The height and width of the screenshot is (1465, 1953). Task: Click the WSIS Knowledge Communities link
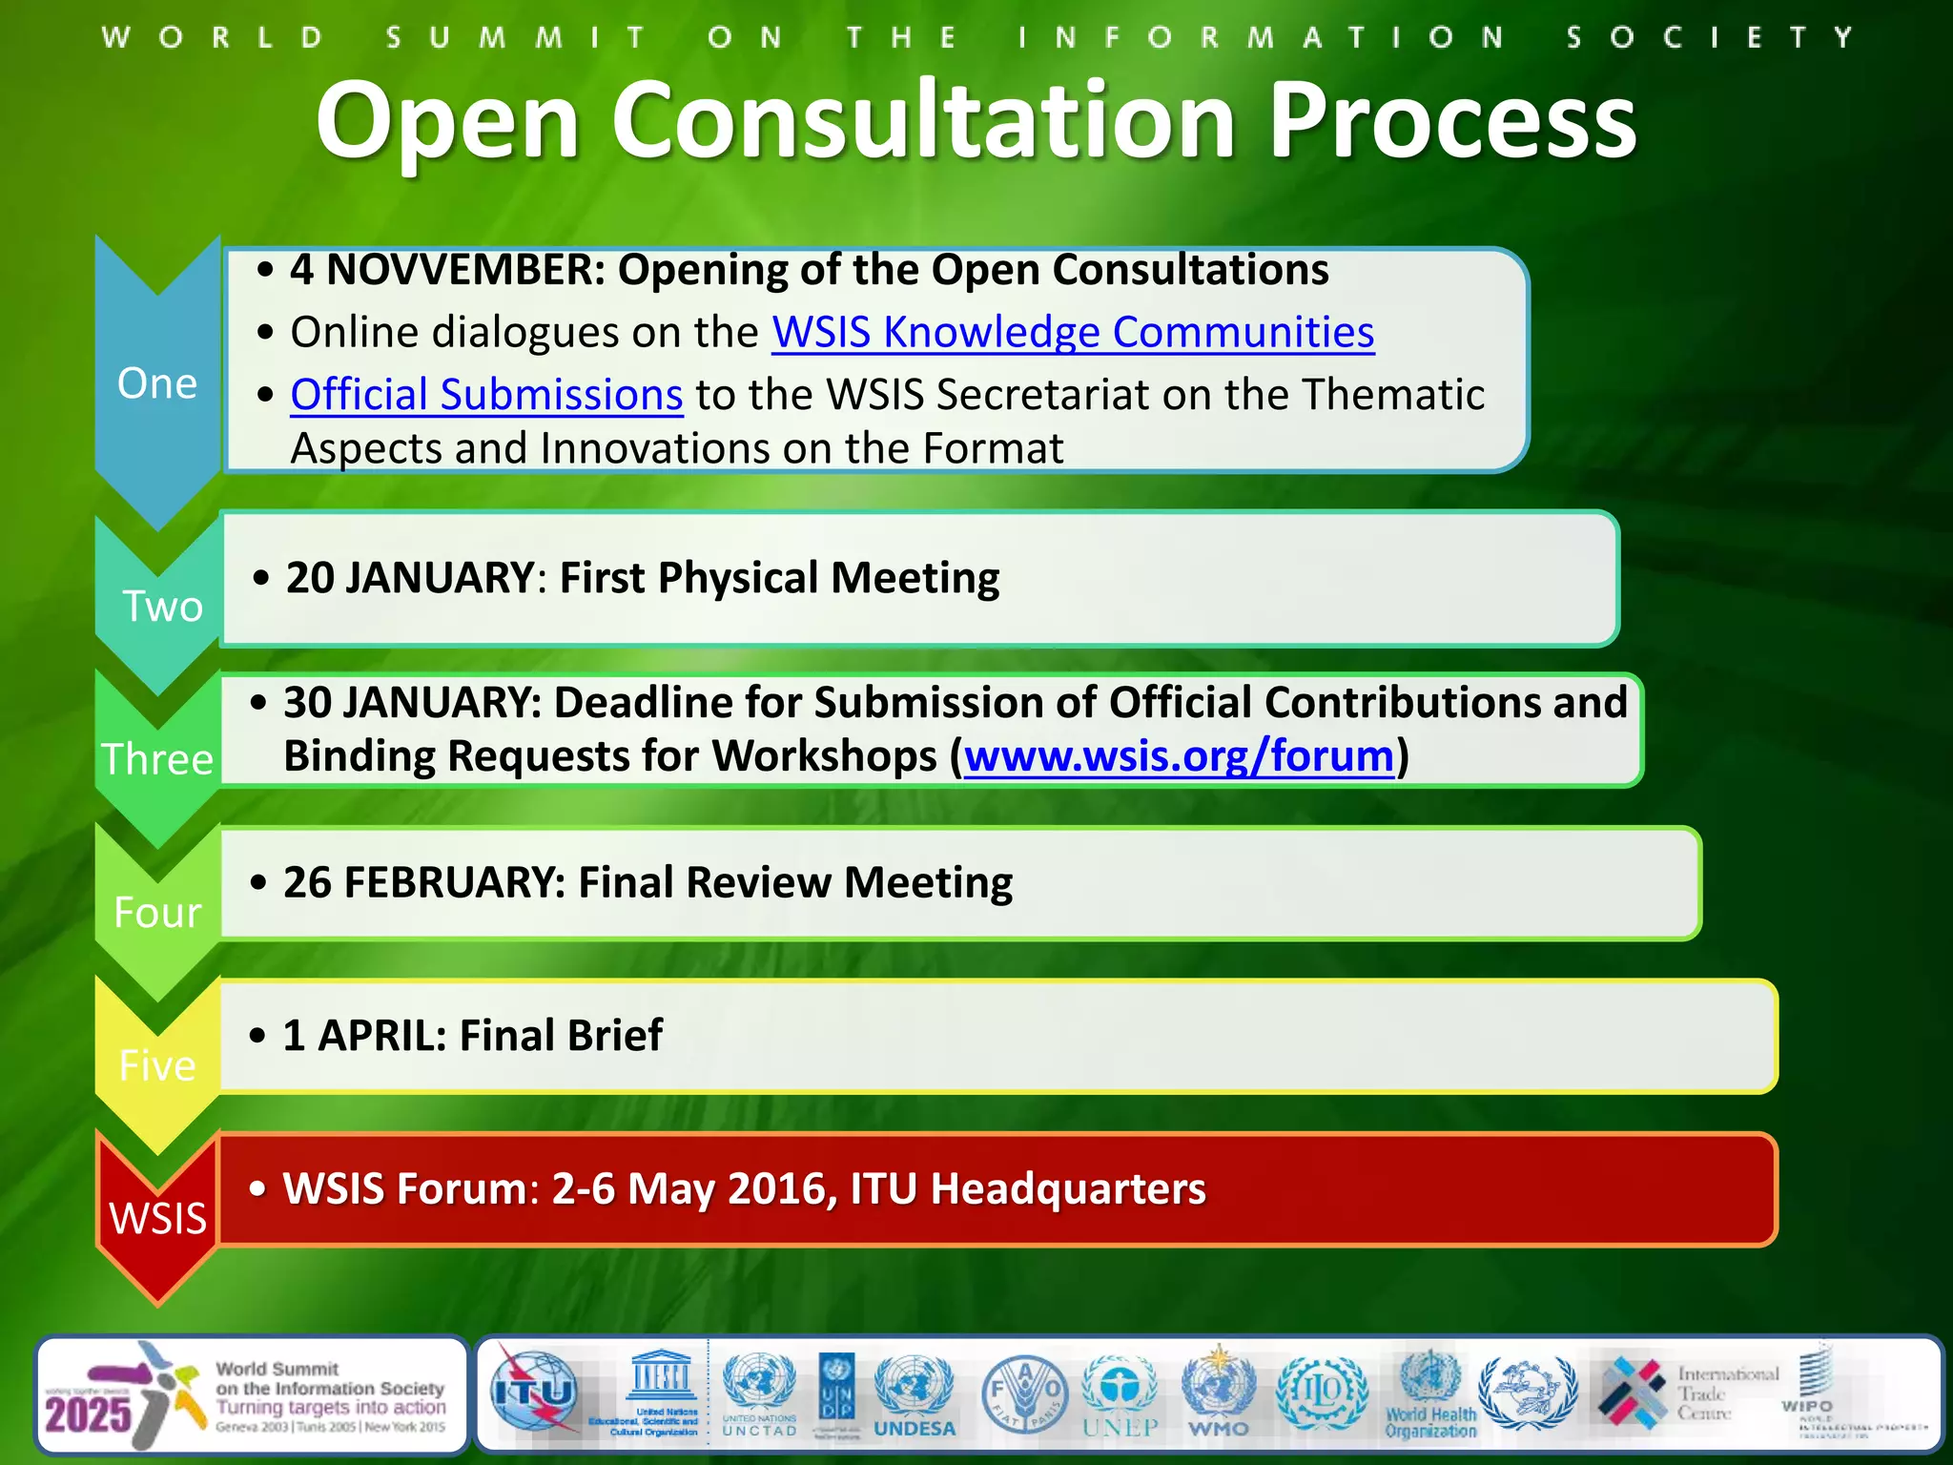[1073, 333]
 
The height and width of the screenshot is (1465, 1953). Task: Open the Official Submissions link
[486, 395]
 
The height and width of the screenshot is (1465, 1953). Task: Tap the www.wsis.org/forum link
[1179, 756]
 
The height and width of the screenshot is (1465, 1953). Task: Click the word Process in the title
[1452, 121]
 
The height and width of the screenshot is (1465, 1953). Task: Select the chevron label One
[157, 383]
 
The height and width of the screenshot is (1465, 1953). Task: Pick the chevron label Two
[162, 607]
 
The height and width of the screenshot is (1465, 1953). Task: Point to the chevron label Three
[157, 760]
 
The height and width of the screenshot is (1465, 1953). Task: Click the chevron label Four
[157, 913]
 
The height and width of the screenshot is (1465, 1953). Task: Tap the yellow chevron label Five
[157, 1065]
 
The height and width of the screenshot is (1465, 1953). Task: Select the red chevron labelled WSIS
[157, 1218]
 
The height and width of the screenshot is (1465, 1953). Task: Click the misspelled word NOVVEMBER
[465, 270]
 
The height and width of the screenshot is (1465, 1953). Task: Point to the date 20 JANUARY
[410, 578]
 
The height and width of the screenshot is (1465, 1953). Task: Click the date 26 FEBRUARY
[424, 882]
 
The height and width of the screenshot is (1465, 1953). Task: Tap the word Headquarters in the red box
[1067, 1189]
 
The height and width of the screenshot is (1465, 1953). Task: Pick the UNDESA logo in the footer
[914, 1396]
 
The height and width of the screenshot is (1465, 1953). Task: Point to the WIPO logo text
[1806, 1405]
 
